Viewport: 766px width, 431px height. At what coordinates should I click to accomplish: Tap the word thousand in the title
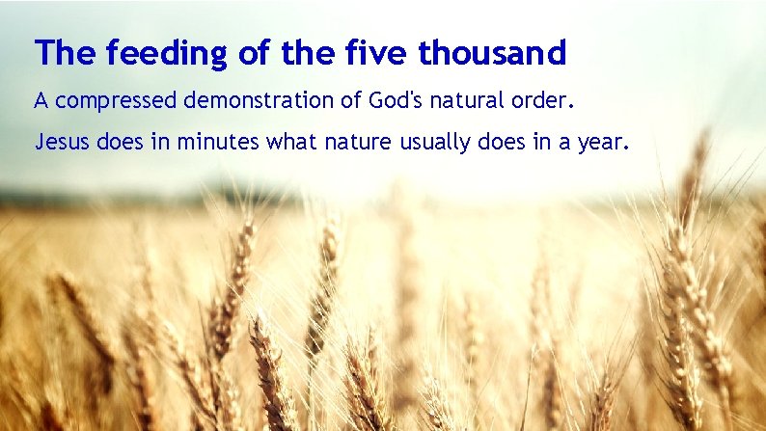tap(492, 54)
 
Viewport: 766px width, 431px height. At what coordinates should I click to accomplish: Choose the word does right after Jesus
tap(115, 144)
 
